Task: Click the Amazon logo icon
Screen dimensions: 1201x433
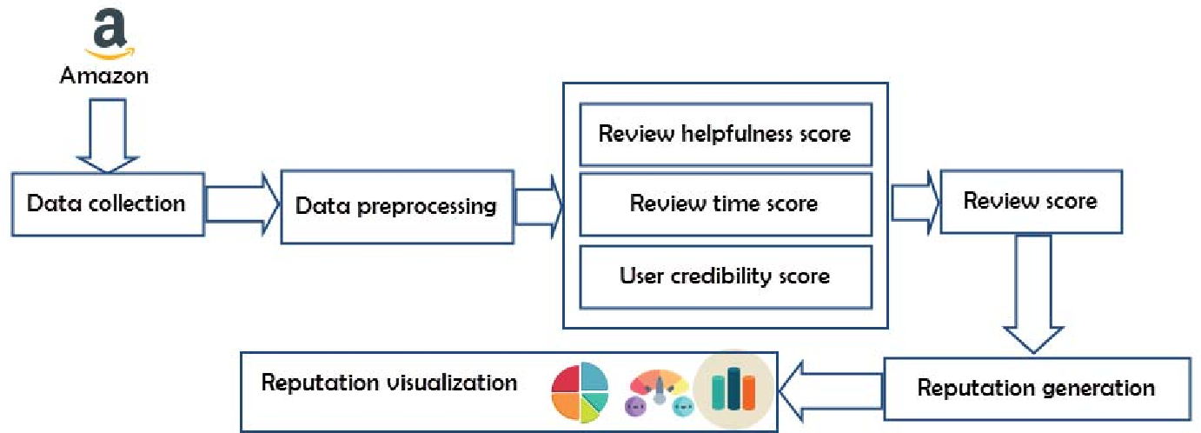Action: coord(109,34)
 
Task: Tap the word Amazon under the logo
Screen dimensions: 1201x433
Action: coord(104,76)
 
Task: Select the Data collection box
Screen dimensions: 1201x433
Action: coord(108,203)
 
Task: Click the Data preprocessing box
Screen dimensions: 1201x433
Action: coord(397,207)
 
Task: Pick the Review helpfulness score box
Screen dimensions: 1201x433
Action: coord(726,134)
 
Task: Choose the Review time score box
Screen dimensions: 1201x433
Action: coord(726,203)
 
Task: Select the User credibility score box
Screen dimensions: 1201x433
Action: coord(726,276)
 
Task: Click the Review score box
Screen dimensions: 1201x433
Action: coord(1031,202)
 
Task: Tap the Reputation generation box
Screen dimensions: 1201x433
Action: coord(1037,389)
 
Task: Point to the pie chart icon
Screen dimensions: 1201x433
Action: coord(581,391)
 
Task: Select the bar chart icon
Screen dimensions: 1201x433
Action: coord(733,391)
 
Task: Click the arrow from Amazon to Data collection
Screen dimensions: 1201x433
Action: coord(108,136)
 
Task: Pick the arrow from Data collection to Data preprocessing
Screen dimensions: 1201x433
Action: coord(242,203)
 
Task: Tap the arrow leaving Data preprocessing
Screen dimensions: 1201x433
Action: coord(538,206)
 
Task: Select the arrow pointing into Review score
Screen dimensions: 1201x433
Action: coord(915,203)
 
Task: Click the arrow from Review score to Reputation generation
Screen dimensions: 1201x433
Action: coord(1033,294)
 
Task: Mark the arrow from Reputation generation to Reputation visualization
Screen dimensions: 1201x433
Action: coord(830,390)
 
